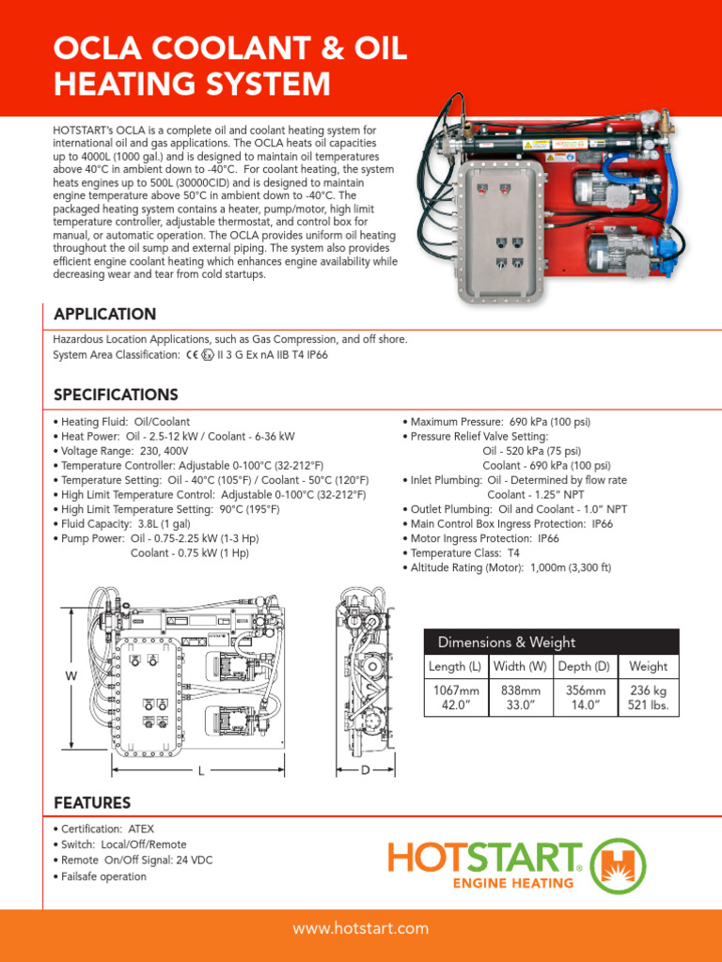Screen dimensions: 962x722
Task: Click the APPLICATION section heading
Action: point(104,314)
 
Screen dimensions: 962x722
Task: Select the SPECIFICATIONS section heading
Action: point(116,395)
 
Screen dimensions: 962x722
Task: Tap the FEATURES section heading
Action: point(92,802)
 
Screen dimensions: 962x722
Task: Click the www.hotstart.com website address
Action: point(361,928)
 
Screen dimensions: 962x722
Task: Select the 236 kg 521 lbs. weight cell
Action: point(648,698)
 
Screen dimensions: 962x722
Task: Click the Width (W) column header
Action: point(522,666)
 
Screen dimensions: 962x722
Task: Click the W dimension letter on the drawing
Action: point(71,676)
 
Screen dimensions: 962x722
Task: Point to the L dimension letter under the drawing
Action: point(201,770)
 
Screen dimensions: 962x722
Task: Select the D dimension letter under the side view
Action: point(365,770)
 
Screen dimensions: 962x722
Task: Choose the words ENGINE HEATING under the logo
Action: point(513,882)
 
